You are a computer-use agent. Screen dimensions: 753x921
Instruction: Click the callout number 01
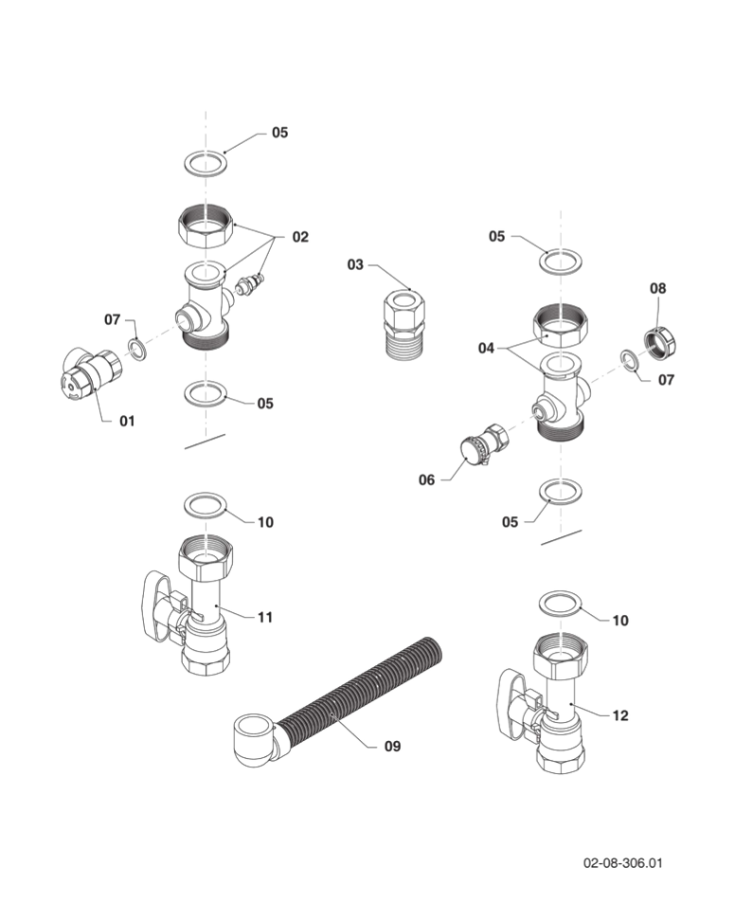127,421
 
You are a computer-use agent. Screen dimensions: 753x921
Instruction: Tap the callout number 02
300,237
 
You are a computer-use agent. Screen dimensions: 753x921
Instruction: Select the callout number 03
355,265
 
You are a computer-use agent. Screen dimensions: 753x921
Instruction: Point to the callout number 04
486,349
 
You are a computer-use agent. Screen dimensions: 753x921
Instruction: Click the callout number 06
426,479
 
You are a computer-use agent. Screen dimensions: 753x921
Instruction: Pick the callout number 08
658,288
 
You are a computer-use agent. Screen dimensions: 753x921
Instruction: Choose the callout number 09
392,746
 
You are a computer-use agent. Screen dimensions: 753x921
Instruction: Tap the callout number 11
265,618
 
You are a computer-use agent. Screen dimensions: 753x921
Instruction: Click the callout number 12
620,715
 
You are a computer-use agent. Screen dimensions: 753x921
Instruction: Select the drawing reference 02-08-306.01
622,863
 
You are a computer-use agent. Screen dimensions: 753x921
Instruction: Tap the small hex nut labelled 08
662,344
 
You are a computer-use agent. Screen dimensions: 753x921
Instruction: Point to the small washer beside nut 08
629,360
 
